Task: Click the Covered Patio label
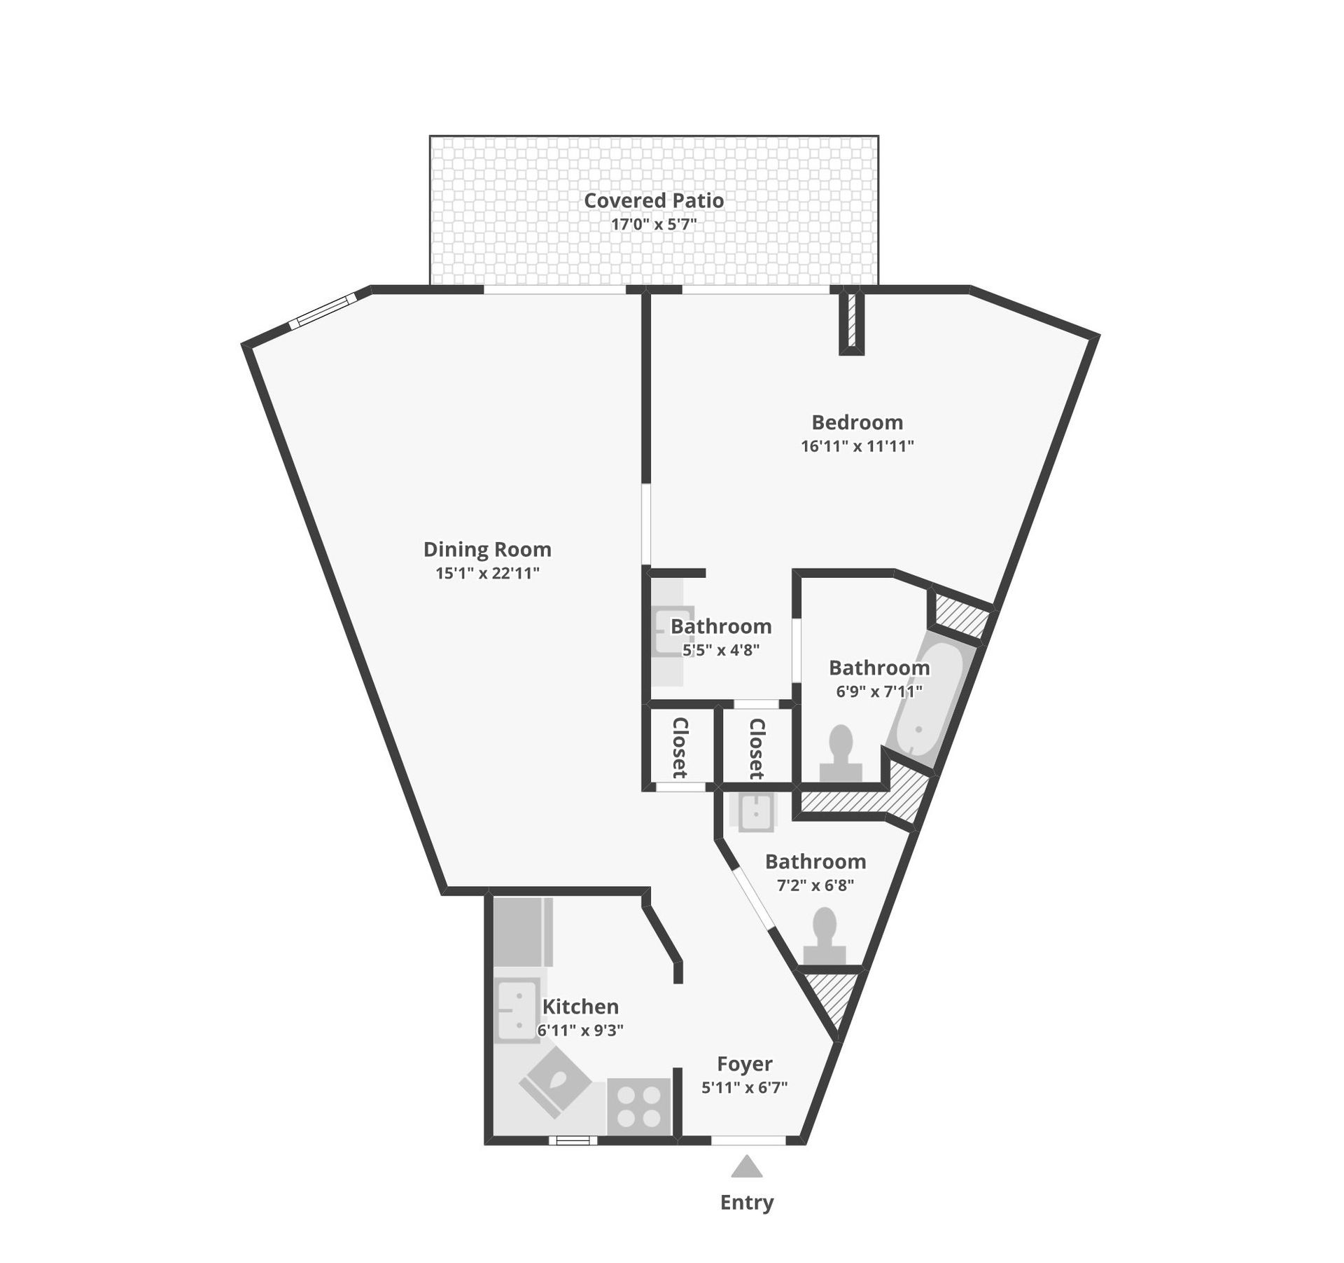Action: coord(654,200)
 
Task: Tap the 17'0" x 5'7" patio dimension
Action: coord(654,225)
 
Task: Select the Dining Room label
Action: coord(487,550)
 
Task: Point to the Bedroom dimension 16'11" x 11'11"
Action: coord(857,446)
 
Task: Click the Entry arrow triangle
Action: coord(747,1166)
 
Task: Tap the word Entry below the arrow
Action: coord(747,1203)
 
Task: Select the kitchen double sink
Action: coord(519,1009)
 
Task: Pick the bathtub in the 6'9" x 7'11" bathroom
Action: coord(932,701)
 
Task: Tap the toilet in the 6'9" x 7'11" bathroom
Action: coord(840,753)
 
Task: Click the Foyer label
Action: coord(745,1064)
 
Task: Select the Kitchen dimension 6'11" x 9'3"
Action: coord(580,1030)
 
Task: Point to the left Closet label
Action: coord(680,747)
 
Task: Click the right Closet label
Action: coord(757,749)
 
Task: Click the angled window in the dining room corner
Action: coord(323,312)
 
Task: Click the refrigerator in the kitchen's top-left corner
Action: coord(523,932)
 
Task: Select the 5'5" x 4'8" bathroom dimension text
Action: coord(721,649)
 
